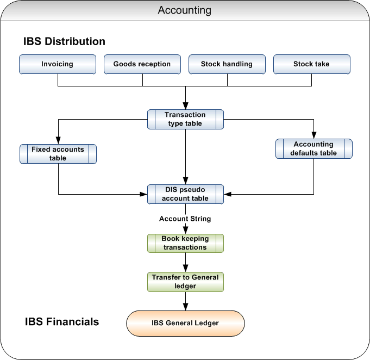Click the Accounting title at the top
185,10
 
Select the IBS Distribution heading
64,41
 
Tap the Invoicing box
58,64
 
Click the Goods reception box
142,64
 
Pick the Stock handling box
227,64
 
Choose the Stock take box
311,64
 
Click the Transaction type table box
185,119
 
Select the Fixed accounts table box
58,154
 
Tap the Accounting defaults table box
313,148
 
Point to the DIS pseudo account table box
185,194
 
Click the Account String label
185,219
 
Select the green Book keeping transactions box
185,243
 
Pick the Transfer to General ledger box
185,281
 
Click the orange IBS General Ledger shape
185,323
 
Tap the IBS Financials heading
62,321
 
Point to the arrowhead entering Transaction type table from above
185,107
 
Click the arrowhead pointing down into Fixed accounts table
58,141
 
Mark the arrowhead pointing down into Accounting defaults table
313,135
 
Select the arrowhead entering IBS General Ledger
185,307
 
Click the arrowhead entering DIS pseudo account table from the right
228,194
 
